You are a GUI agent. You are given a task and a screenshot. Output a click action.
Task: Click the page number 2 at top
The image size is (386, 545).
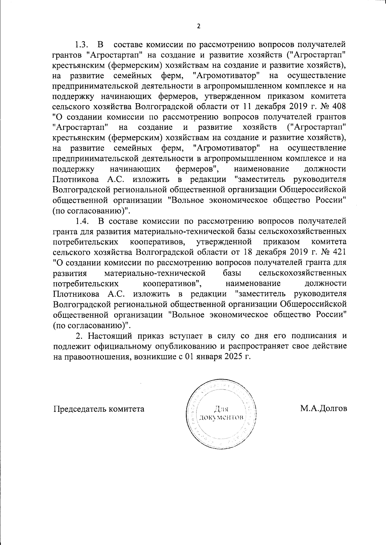tap(198, 26)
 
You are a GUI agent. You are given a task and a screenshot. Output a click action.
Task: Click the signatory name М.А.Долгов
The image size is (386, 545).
tap(324, 409)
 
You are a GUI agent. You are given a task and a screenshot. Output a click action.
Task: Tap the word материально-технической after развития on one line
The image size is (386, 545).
tap(155, 273)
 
